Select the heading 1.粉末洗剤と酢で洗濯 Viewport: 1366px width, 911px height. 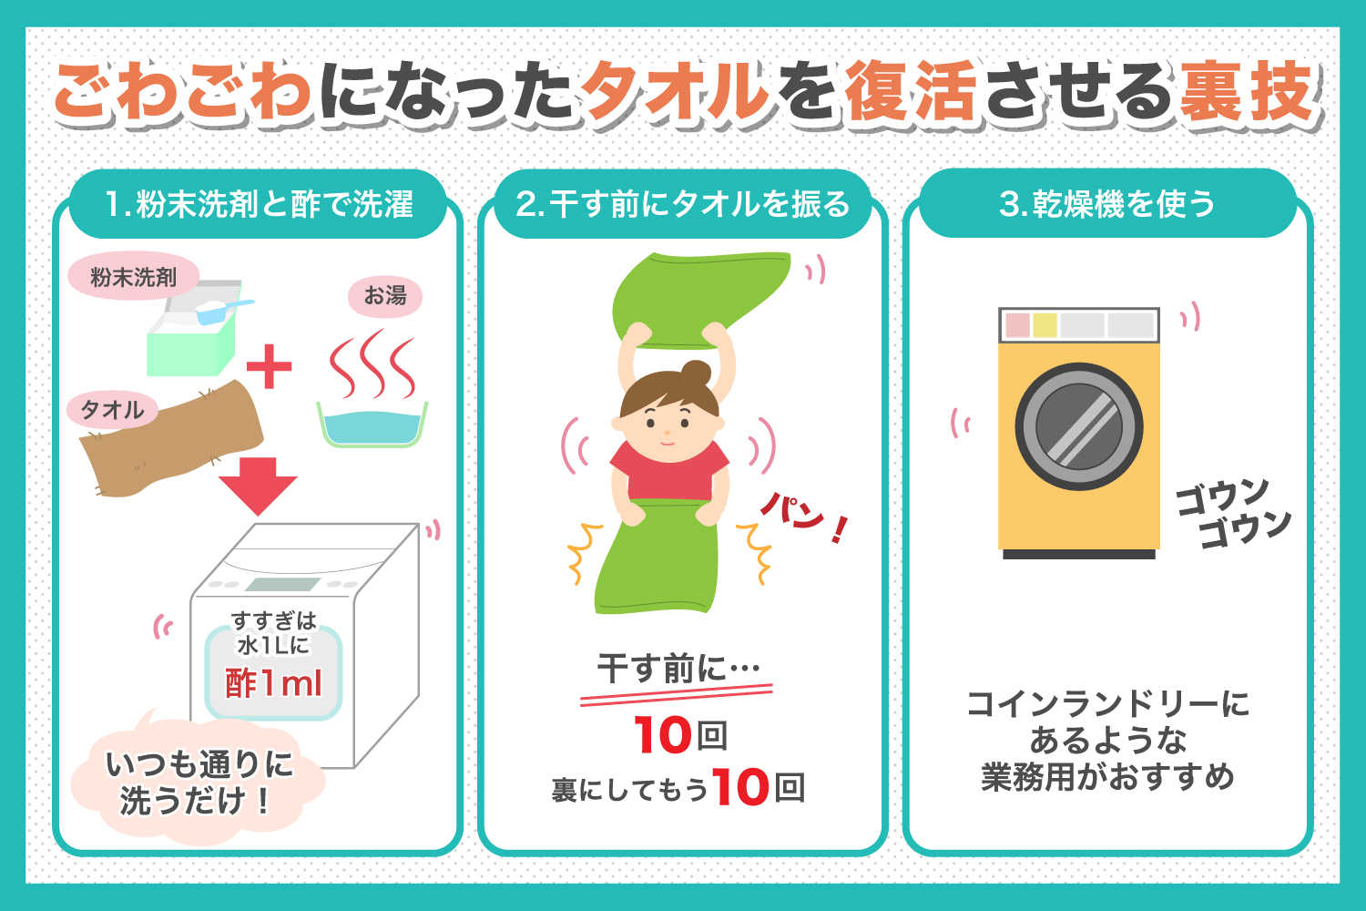click(259, 204)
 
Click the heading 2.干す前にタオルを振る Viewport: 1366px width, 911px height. click(682, 204)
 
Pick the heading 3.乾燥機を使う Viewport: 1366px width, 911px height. click(1107, 204)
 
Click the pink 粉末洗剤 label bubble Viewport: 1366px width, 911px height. click(133, 277)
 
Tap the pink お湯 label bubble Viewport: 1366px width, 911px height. click(385, 296)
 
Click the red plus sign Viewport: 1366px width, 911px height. click(269, 366)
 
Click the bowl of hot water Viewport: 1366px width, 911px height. click(372, 425)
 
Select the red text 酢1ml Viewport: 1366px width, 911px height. click(273, 683)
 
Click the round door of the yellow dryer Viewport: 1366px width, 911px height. click(1078, 426)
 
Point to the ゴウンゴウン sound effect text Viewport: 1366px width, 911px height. click(1233, 513)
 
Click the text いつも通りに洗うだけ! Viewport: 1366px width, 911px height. click(197, 783)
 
